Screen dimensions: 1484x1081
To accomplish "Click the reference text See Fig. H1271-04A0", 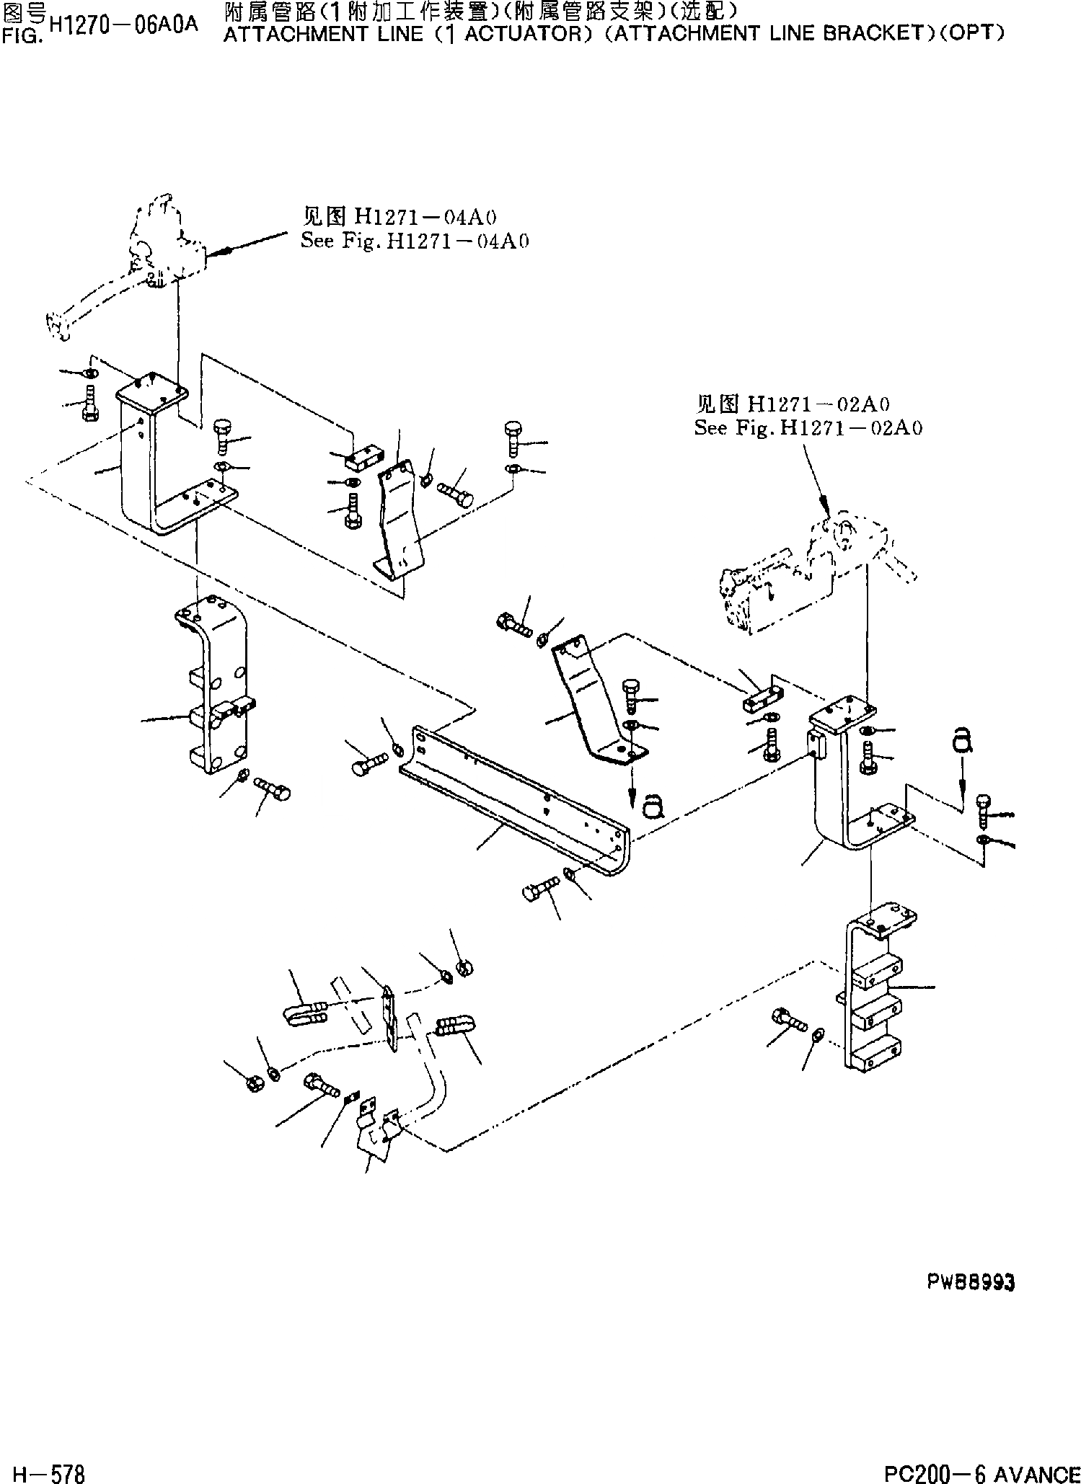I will tap(415, 241).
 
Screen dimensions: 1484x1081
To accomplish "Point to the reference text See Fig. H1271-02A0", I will tap(808, 427).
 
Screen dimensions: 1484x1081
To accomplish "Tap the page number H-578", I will tap(43, 1470).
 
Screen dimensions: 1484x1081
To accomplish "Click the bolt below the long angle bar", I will tap(540, 887).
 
